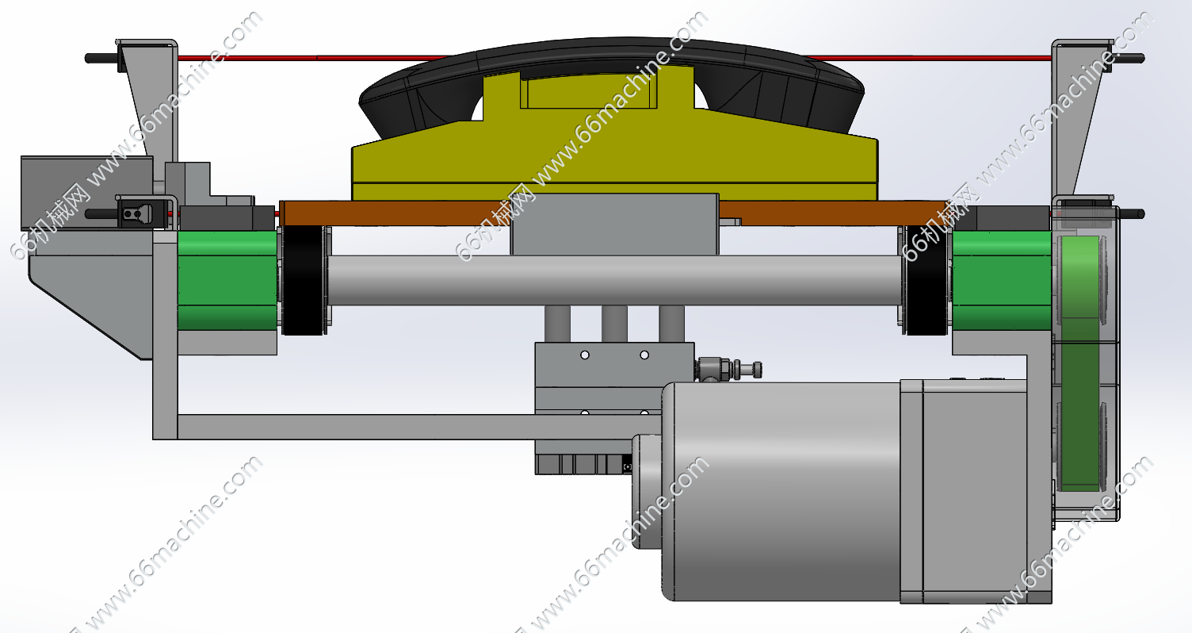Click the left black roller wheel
pyautogui.click(x=303, y=280)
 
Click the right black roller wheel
pyautogui.click(x=926, y=280)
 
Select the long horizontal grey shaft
pyautogui.click(x=614, y=280)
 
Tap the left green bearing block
pyautogui.click(x=227, y=280)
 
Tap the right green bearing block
pyautogui.click(x=1002, y=280)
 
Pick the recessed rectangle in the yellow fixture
pyautogui.click(x=589, y=91)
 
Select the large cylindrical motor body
pyautogui.click(x=781, y=491)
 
